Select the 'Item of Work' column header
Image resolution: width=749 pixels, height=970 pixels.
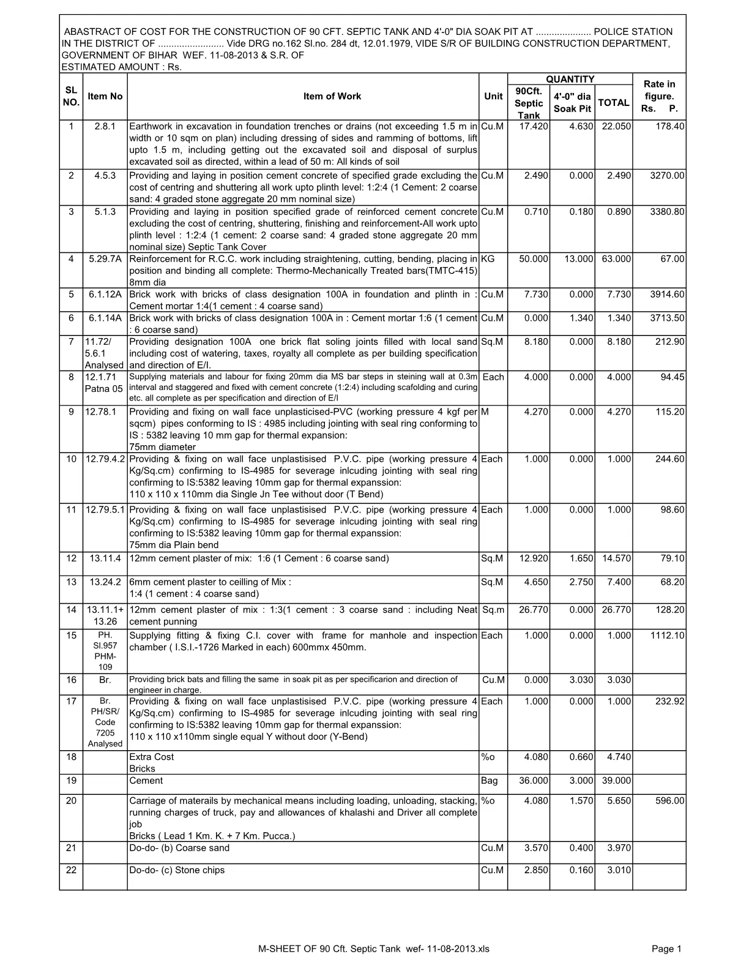point(332,96)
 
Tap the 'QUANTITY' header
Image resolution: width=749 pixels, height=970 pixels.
point(570,79)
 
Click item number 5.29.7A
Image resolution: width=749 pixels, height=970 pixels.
point(105,259)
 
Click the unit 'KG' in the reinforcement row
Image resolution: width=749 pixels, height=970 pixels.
point(488,259)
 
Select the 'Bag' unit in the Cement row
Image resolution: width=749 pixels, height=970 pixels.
point(490,781)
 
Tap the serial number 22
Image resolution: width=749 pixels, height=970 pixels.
point(71,870)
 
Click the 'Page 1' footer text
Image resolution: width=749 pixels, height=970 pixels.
point(666,949)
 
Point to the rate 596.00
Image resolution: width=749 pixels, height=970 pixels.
point(669,801)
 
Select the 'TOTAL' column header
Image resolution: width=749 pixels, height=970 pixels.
point(613,102)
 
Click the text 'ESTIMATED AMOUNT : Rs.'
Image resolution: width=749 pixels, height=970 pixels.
point(122,67)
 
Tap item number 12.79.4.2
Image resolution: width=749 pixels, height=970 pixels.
point(105,459)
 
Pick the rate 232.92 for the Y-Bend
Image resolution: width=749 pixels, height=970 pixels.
point(669,702)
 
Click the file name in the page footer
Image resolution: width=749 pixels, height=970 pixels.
point(374,949)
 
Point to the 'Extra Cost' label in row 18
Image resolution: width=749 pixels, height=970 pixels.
point(152,757)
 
